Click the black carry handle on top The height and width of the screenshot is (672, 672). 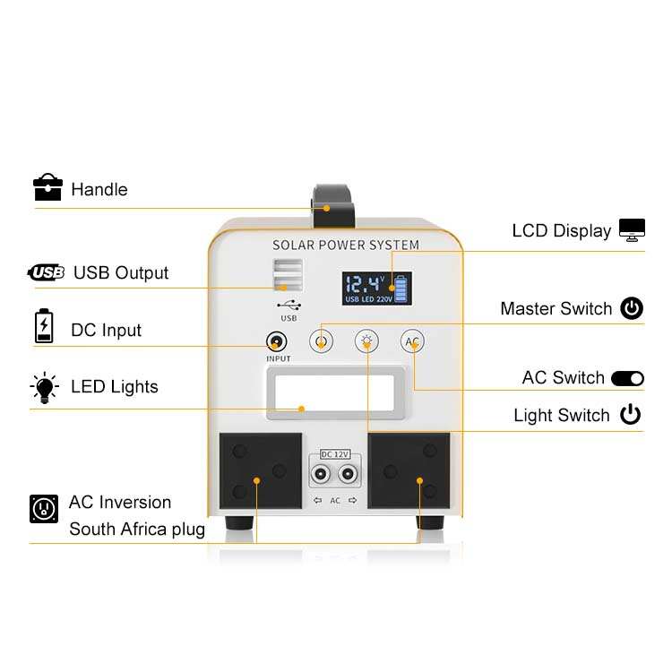click(x=333, y=205)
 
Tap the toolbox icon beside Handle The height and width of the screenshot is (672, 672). click(x=47, y=187)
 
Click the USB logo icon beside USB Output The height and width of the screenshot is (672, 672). click(x=46, y=272)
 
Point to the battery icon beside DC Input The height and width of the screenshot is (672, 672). click(x=44, y=326)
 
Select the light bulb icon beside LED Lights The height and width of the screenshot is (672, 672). click(x=44, y=387)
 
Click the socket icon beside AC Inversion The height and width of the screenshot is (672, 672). click(x=44, y=509)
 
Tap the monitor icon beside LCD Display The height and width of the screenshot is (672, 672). click(x=632, y=229)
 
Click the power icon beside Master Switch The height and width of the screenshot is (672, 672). click(x=632, y=307)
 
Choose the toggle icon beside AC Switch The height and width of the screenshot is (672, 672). click(x=627, y=378)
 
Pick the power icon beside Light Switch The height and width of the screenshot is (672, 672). click(x=630, y=414)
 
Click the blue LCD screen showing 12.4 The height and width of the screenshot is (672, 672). click(x=376, y=288)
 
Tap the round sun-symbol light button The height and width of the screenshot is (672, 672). click(x=366, y=341)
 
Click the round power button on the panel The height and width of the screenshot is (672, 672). click(x=321, y=341)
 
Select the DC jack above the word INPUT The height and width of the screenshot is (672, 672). click(x=277, y=341)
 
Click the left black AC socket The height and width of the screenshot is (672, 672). click(x=261, y=470)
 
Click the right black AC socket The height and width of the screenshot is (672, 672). click(x=409, y=470)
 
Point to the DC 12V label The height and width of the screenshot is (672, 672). click(x=335, y=454)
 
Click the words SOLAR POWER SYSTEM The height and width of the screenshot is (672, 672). click(x=346, y=245)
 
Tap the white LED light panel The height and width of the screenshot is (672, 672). click(x=334, y=393)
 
